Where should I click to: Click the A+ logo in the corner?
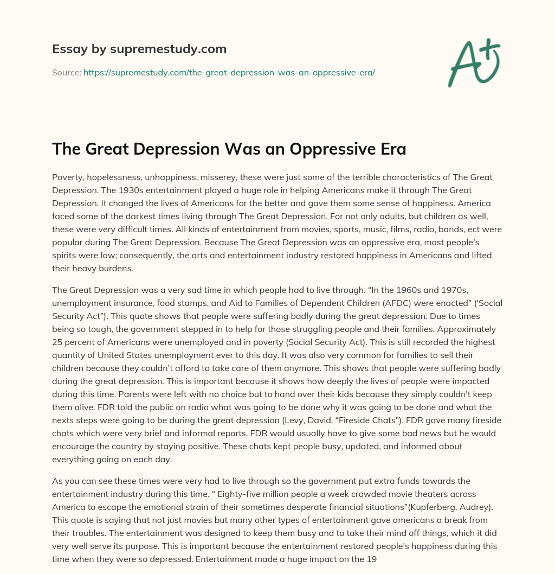(x=474, y=63)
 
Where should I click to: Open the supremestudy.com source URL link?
(x=229, y=72)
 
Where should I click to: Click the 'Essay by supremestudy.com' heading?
(x=139, y=49)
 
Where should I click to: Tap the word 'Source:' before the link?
(x=67, y=72)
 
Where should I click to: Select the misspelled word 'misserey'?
(x=211, y=177)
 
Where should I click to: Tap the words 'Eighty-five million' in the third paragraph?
(x=94, y=494)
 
